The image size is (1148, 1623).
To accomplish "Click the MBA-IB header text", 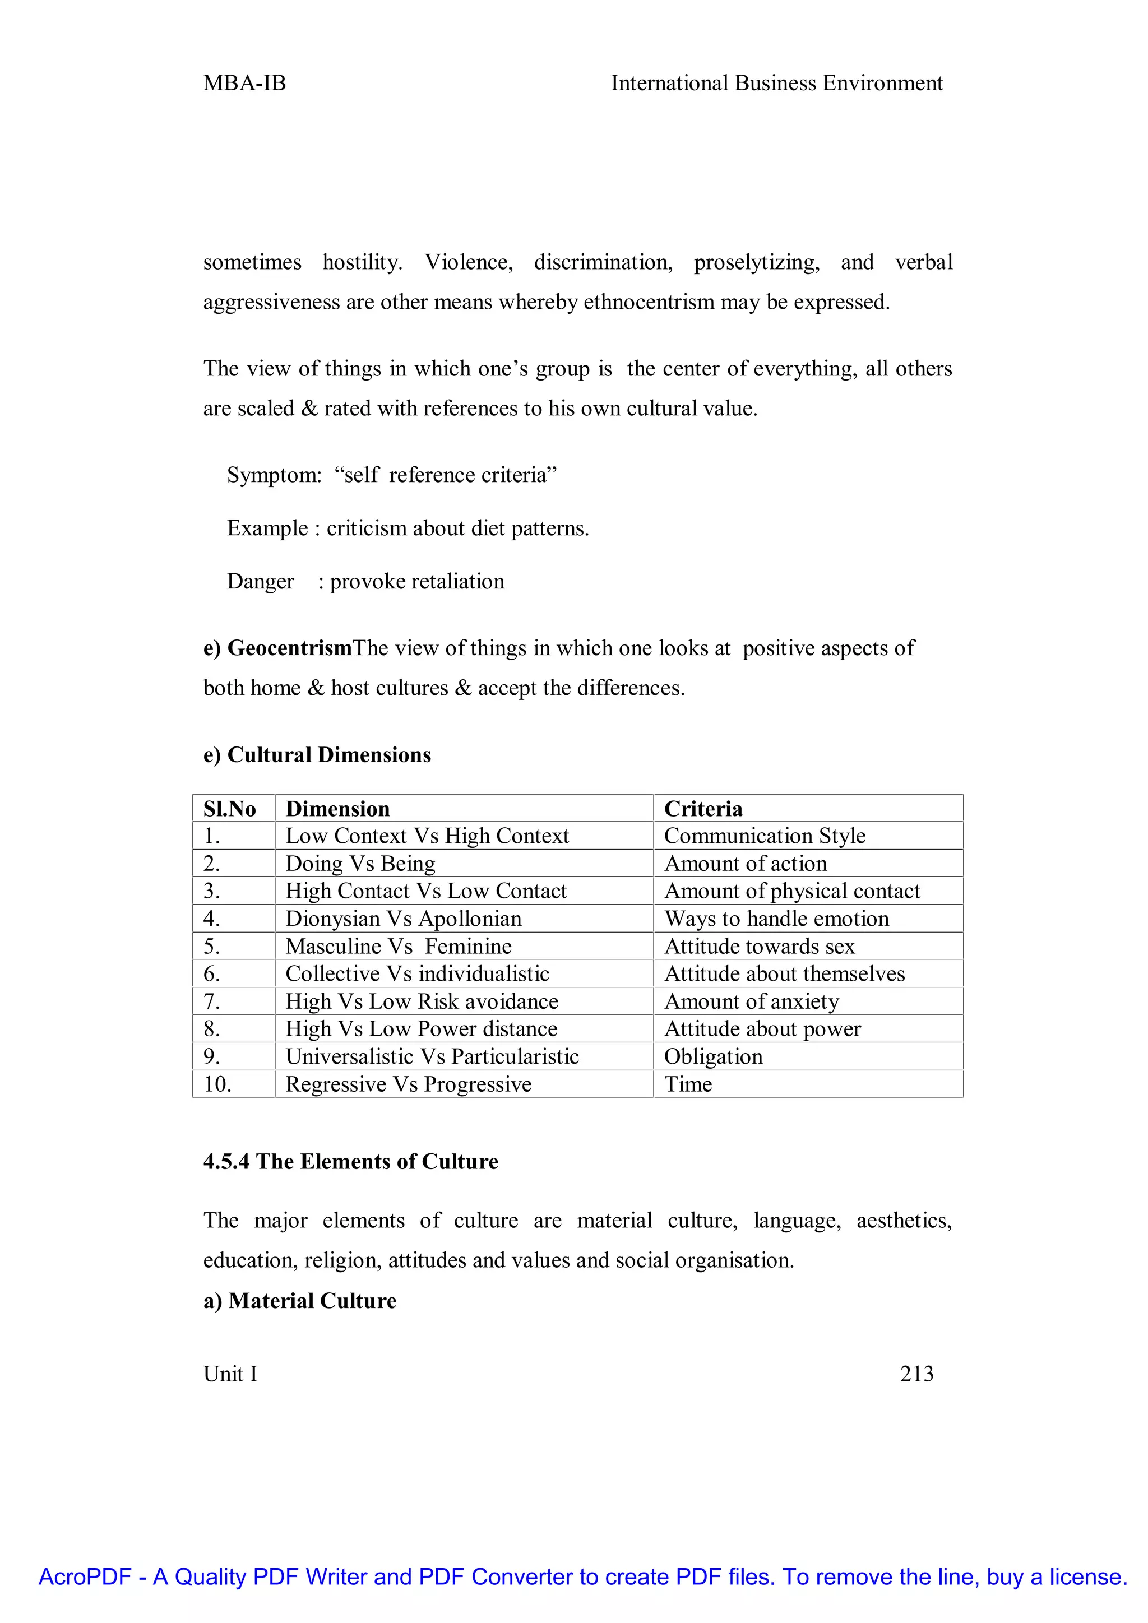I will (244, 84).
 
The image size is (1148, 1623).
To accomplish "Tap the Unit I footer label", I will (230, 1374).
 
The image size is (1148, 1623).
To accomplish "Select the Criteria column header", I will (703, 809).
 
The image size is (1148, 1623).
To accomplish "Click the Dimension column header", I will (337, 809).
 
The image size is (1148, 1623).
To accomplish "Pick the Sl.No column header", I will (229, 809).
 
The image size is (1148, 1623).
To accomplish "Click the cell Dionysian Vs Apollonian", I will (403, 918).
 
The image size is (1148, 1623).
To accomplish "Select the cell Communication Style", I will (764, 836).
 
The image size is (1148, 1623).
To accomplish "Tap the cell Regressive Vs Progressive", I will (408, 1084).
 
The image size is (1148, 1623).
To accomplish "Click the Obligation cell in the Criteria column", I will (712, 1056).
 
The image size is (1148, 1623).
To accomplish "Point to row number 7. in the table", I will (211, 1001).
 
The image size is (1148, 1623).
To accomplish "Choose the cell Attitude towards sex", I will (759, 946).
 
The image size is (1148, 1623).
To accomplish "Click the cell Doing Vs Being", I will (360, 863).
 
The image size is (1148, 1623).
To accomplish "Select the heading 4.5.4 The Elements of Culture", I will (350, 1161).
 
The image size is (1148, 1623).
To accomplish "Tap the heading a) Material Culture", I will (300, 1301).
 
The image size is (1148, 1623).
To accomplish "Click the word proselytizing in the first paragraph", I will (756, 262).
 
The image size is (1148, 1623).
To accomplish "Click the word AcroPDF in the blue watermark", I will (85, 1577).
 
